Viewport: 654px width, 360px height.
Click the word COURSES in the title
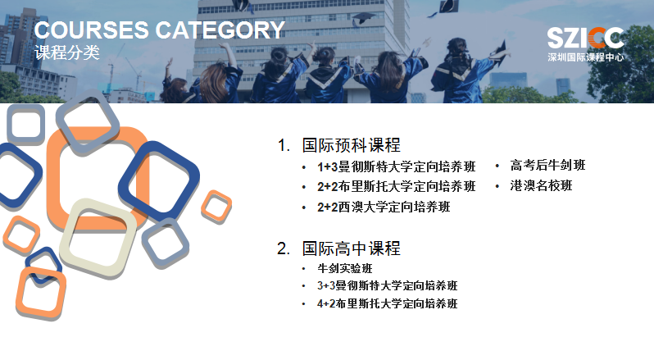(91, 30)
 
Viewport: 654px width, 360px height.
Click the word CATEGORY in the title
(220, 30)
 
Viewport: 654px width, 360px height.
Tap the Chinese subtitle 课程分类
(67, 52)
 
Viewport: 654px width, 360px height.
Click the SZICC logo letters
(586, 38)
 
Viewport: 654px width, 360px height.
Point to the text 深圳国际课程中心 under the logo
(586, 57)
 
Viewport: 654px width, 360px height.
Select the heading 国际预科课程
(352, 145)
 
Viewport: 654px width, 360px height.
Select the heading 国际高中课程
(352, 248)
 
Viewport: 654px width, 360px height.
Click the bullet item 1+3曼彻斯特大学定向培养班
(396, 166)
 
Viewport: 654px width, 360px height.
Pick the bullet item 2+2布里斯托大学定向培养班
(396, 186)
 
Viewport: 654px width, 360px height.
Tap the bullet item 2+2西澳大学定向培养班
(384, 207)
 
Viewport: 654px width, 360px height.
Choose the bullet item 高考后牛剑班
(547, 165)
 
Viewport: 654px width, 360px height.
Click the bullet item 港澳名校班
(542, 185)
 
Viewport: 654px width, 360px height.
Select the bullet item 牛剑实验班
(345, 268)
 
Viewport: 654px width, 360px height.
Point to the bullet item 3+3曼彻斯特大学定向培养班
(388, 285)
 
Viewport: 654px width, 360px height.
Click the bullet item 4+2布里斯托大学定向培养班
(388, 303)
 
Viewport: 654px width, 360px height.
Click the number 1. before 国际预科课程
(284, 146)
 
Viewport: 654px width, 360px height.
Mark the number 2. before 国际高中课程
(284, 248)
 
